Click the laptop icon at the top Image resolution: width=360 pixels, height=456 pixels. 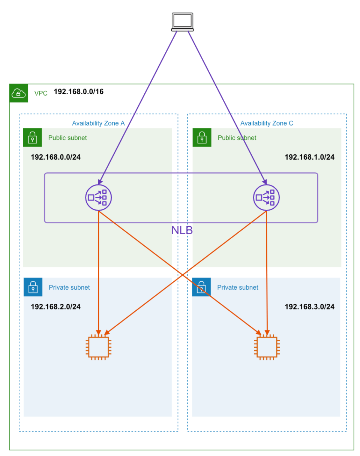(182, 22)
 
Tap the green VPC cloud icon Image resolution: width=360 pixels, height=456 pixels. (18, 93)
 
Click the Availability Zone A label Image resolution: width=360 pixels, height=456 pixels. (98, 123)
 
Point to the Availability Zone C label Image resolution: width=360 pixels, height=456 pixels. (267, 123)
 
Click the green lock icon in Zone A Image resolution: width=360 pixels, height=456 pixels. (33, 138)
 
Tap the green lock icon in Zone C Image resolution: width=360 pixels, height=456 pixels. (202, 138)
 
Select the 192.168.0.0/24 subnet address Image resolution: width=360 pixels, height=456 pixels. (55, 157)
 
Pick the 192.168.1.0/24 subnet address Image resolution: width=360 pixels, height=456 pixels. (309, 157)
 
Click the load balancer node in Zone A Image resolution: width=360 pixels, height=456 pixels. (99, 197)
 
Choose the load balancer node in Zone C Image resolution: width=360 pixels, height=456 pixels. (266, 197)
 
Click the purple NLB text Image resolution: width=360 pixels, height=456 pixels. (182, 230)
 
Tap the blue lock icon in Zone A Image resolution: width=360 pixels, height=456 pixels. (33, 287)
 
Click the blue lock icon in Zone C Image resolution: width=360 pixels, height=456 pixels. (201, 287)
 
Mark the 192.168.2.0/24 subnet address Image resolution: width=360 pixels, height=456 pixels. (55, 306)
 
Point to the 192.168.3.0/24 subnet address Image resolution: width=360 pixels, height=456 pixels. (309, 306)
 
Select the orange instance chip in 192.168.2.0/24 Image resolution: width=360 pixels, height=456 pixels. (98, 347)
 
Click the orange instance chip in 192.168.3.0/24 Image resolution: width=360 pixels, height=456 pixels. (267, 347)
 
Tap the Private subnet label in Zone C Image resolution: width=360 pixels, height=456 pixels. (238, 287)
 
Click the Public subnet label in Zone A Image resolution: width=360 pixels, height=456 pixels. (67, 138)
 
